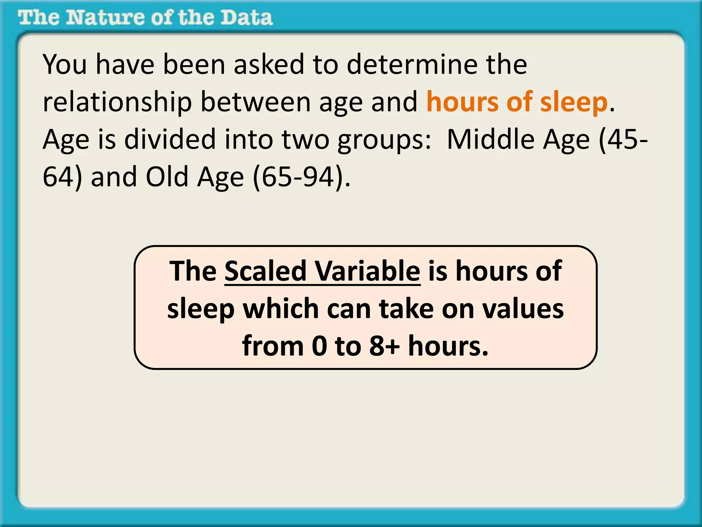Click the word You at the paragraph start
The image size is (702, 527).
[x=65, y=65]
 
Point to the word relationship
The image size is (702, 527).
[x=117, y=102]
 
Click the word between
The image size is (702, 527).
[x=255, y=102]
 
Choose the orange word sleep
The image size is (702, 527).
[x=574, y=102]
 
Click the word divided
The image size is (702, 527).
[x=170, y=140]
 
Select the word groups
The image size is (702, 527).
[x=384, y=140]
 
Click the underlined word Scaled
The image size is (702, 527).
[x=265, y=271]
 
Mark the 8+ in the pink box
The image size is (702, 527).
[x=384, y=346]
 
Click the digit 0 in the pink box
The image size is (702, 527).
[x=319, y=346]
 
